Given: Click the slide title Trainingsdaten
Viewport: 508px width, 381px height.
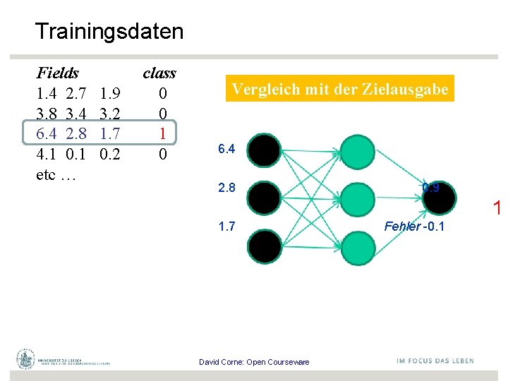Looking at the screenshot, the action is click(109, 32).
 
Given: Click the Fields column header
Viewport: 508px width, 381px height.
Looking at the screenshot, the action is click(57, 73).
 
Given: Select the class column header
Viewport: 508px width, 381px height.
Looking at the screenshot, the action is click(159, 73).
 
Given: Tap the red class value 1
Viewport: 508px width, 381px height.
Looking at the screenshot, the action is click(163, 133).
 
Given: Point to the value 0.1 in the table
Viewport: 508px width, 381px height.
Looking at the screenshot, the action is click(75, 154).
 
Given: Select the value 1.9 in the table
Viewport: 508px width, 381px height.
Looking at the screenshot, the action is click(110, 93).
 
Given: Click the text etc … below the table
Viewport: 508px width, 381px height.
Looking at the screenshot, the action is click(56, 174).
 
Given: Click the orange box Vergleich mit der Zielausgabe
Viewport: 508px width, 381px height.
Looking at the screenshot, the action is click(340, 90).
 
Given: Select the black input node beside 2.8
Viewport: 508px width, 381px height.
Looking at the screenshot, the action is click(263, 197).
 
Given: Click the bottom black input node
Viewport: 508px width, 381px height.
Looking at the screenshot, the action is click(263, 245).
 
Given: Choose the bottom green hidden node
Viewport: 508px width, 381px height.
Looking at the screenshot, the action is click(357, 245).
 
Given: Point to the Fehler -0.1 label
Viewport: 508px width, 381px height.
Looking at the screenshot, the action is click(414, 226).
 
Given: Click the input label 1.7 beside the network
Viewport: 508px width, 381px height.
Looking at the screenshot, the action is click(226, 226).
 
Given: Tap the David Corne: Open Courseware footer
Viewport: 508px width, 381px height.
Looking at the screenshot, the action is click(254, 362).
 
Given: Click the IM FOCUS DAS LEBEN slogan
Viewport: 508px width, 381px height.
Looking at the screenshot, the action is click(435, 361).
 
